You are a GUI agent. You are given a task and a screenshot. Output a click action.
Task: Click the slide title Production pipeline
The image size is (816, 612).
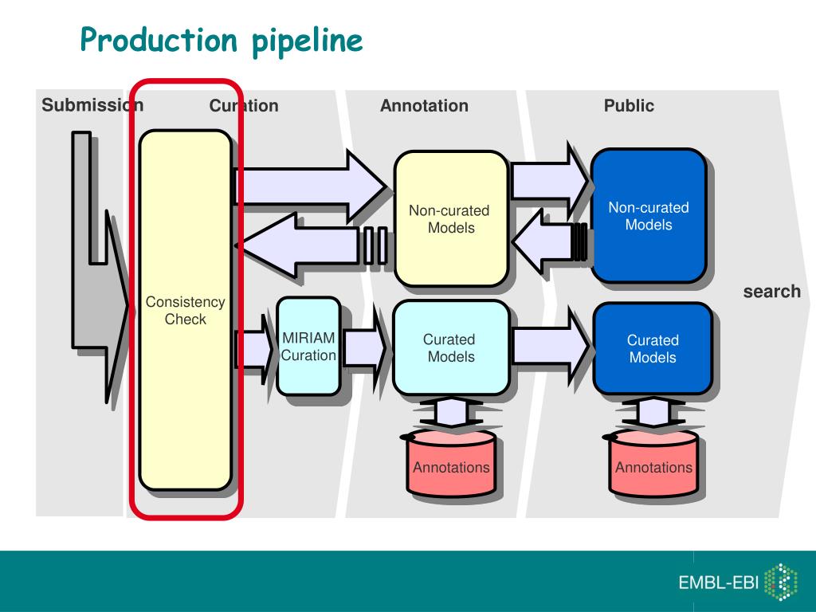pyautogui.click(x=222, y=41)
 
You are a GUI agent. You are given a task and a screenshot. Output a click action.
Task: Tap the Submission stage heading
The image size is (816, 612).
pyautogui.click(x=92, y=104)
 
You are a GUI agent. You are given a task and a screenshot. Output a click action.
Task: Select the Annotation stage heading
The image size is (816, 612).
pyautogui.click(x=424, y=106)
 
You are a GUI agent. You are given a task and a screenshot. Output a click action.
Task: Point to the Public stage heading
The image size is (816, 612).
pyautogui.click(x=629, y=106)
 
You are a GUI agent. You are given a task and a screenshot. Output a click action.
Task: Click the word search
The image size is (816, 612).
pyautogui.click(x=771, y=292)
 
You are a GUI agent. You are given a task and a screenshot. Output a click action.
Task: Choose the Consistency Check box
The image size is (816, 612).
pyautogui.click(x=185, y=310)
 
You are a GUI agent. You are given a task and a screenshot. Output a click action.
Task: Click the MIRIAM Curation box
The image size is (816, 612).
pyautogui.click(x=308, y=347)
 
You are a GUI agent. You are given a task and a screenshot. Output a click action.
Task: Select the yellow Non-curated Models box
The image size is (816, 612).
pyautogui.click(x=451, y=218)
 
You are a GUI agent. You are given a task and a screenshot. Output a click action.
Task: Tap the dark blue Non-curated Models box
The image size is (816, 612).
pyautogui.click(x=649, y=216)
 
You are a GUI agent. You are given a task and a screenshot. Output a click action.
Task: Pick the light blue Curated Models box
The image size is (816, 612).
pyautogui.click(x=451, y=347)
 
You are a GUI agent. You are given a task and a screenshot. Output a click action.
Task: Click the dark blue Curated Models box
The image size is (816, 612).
pyautogui.click(x=653, y=349)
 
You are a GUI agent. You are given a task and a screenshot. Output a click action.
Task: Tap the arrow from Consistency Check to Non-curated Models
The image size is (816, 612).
pyautogui.click(x=312, y=186)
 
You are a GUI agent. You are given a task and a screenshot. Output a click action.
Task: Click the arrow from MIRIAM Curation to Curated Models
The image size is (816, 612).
pyautogui.click(x=364, y=347)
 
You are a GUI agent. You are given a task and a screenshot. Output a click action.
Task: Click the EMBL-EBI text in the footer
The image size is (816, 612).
pyautogui.click(x=718, y=582)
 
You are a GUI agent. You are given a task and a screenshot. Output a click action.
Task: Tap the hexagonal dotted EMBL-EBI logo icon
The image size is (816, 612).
pyautogui.click(x=781, y=582)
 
